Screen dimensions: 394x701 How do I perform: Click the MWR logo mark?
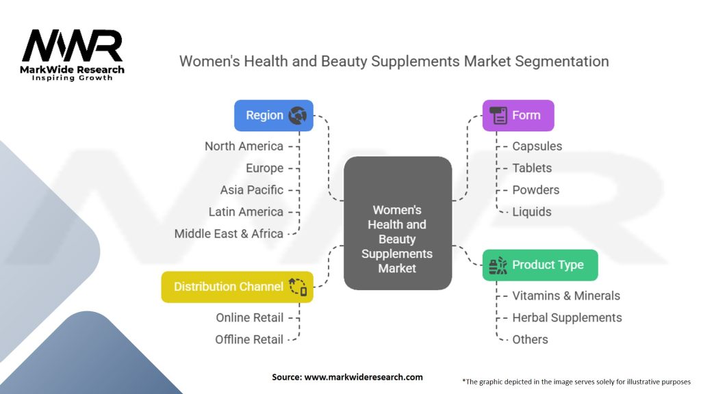[72, 47]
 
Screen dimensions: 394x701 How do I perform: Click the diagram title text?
[394, 61]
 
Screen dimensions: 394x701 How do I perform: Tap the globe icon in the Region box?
[297, 116]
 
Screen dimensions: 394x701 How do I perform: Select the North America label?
[244, 146]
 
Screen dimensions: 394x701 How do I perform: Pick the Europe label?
[264, 168]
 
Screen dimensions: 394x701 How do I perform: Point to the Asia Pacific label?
[251, 189]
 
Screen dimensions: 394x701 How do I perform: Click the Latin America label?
[246, 211]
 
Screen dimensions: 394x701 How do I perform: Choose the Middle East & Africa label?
[229, 233]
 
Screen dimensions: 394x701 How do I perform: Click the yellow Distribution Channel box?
[237, 287]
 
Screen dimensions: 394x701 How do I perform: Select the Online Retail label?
[249, 317]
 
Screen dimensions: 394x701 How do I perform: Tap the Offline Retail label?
[249, 339]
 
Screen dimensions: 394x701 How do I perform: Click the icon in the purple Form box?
[498, 116]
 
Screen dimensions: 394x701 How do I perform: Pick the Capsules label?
[537, 146]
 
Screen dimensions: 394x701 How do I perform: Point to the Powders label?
[535, 189]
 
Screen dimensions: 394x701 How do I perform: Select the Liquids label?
[531, 211]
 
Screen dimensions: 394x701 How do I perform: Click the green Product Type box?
[539, 265]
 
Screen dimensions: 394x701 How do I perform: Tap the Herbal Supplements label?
[567, 317]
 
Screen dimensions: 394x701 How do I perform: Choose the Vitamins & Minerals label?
[566, 295]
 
